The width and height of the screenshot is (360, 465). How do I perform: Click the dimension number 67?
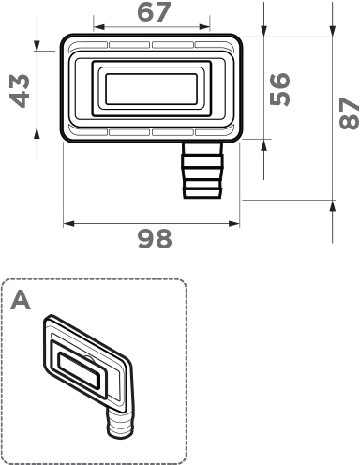click(x=154, y=12)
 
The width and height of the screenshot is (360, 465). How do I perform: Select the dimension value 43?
click(x=20, y=91)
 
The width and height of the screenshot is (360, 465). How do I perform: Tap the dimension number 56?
click(x=279, y=89)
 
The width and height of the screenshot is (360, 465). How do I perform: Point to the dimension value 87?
click(x=350, y=113)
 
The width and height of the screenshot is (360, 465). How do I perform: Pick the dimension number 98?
click(x=155, y=239)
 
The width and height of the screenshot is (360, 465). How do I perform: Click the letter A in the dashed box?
click(x=21, y=300)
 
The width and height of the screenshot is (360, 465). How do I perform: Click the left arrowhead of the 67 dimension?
click(x=98, y=27)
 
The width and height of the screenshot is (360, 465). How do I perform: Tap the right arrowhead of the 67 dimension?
click(x=204, y=27)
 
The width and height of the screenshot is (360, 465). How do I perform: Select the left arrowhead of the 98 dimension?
click(x=69, y=223)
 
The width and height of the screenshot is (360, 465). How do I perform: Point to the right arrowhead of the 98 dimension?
click(x=234, y=223)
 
